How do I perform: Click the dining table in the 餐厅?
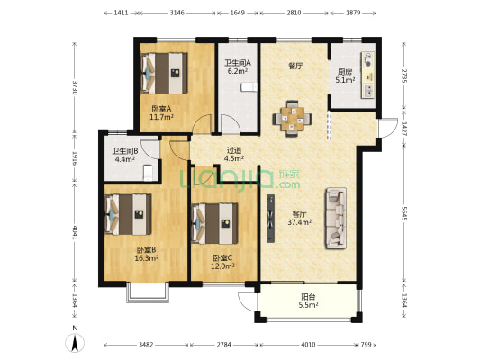(x=293, y=119)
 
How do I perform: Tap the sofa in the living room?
(x=336, y=218)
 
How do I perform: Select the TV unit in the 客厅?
(x=270, y=219)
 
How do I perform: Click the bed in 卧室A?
(x=164, y=73)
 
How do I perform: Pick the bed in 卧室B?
(x=128, y=214)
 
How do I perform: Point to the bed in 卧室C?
(x=214, y=223)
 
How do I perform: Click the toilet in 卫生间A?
(x=249, y=87)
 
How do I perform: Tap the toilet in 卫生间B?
(x=148, y=173)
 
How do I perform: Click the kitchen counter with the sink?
(x=367, y=75)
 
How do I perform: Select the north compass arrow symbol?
(x=75, y=343)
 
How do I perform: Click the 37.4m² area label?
(x=300, y=222)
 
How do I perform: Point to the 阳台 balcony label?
(x=309, y=296)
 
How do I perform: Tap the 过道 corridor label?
(x=234, y=150)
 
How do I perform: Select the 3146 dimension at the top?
(x=177, y=13)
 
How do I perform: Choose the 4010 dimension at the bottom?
(x=308, y=345)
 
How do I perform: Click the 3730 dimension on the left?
(x=75, y=87)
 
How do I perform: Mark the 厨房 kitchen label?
(x=345, y=72)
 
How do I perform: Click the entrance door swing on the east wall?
(x=387, y=128)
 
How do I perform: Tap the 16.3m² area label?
(x=147, y=258)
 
